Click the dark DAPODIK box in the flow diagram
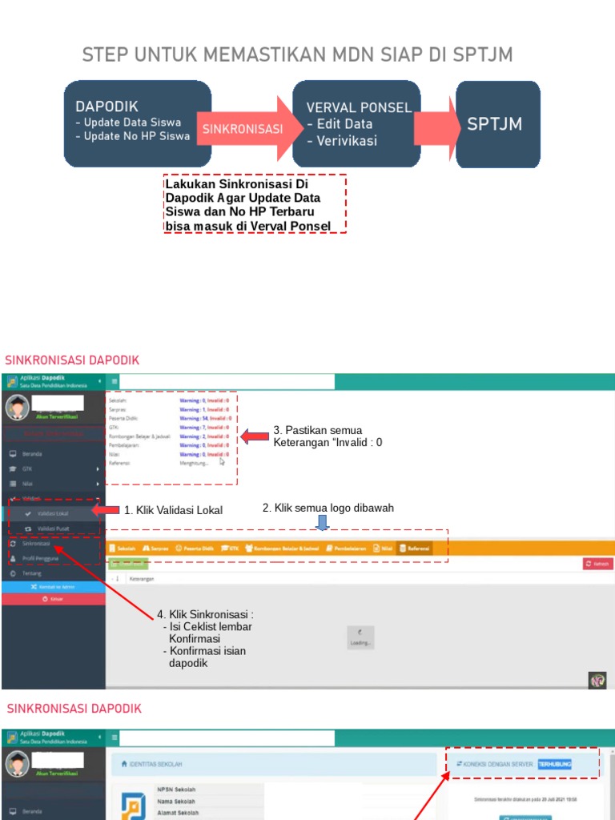137,123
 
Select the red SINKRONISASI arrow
244,129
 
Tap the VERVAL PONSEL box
356,123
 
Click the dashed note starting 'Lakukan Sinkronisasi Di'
254,204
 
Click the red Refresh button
597,564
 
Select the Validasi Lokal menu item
53,513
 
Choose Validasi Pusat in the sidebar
53,529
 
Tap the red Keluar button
53,598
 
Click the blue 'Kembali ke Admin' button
53,587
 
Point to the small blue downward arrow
322,523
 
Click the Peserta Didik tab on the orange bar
196,549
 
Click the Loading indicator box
360,637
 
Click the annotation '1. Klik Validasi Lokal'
173,510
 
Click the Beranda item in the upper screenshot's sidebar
32,454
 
